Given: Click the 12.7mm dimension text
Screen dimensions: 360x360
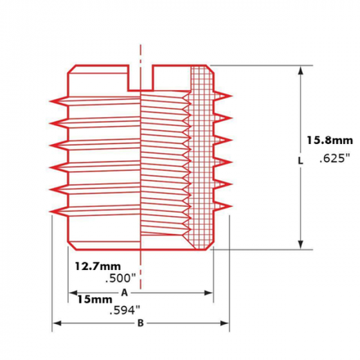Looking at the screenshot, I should click(x=97, y=265).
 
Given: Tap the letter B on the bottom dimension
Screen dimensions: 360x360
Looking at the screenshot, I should click(x=140, y=323).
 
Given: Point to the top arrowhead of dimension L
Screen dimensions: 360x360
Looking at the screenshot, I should click(x=300, y=70).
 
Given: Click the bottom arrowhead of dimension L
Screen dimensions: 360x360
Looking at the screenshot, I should click(x=300, y=244).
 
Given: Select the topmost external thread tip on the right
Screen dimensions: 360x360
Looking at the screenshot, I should click(x=229, y=96).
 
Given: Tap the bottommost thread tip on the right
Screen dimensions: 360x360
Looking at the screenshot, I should click(x=229, y=206).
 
